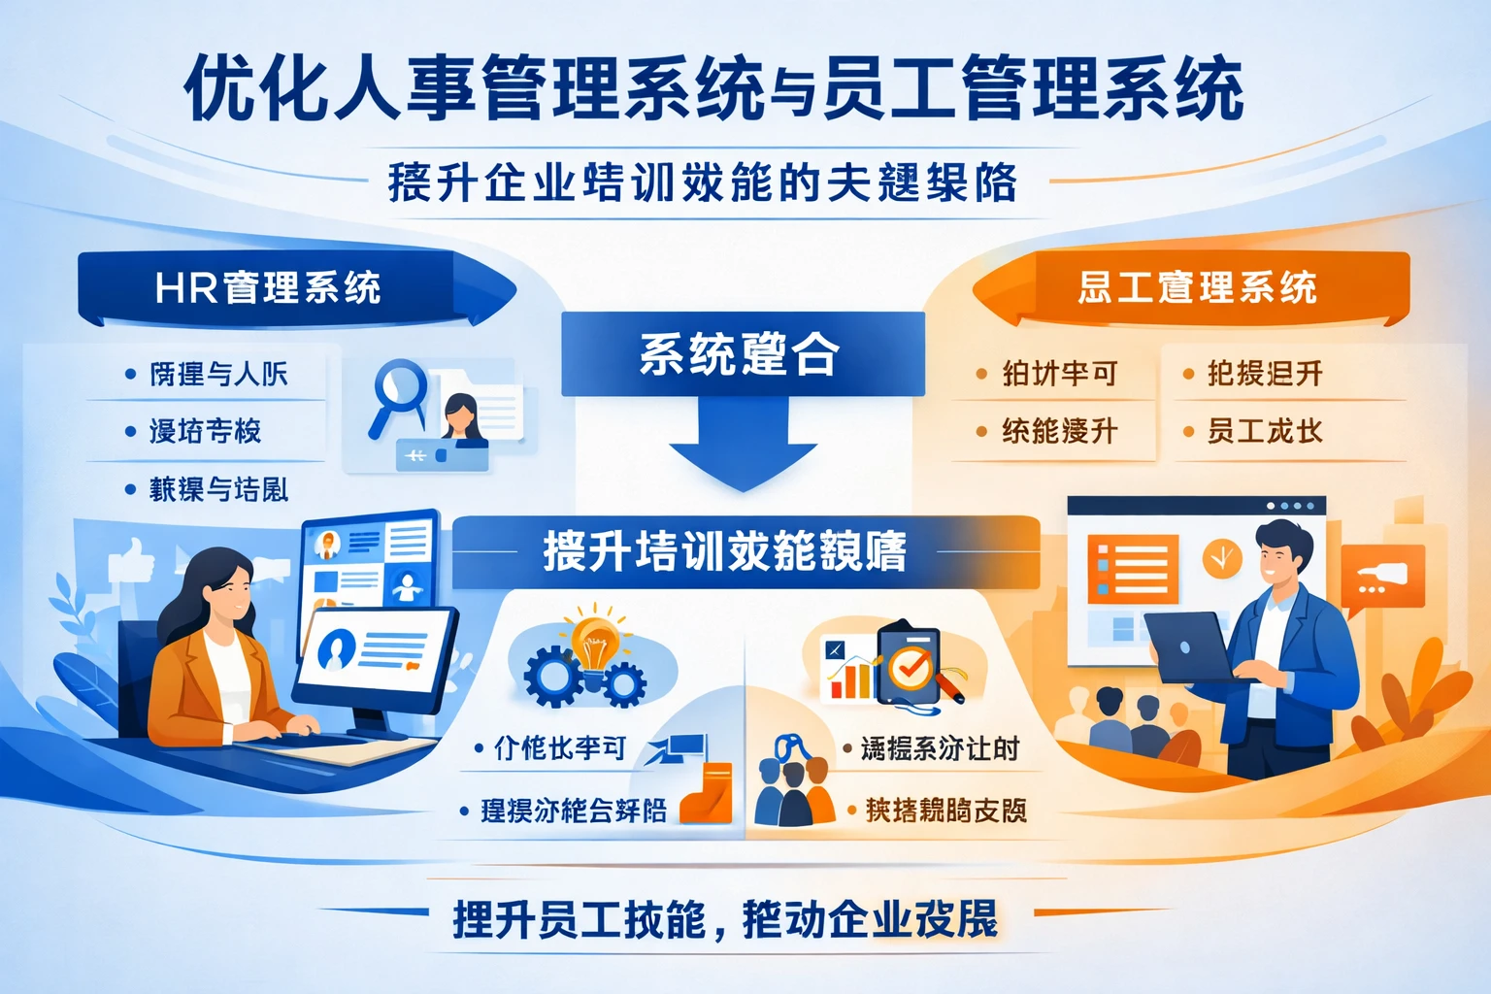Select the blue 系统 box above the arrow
click(742, 353)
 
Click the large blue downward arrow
click(743, 447)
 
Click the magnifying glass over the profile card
click(398, 392)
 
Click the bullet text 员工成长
click(1264, 431)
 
